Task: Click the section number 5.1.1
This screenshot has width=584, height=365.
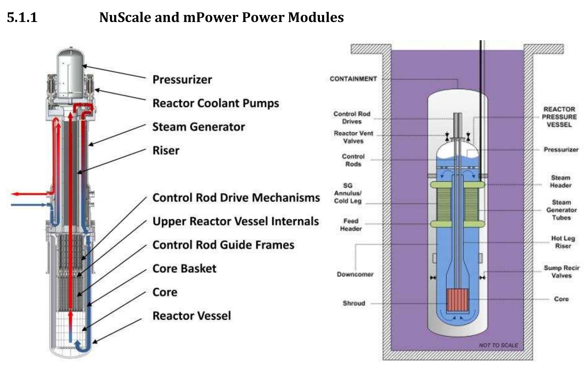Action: click(22, 17)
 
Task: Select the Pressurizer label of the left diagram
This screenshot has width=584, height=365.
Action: click(182, 79)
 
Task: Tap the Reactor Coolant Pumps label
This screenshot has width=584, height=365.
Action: click(215, 103)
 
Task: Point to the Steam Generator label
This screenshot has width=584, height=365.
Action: click(198, 127)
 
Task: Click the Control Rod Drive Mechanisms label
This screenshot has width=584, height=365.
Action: click(236, 198)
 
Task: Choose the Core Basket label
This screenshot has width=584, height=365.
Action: click(184, 269)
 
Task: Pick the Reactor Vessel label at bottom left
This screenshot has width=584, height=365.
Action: click(192, 316)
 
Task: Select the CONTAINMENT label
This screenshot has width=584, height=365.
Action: click(353, 79)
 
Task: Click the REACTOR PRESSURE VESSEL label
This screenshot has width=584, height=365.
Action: click(559, 117)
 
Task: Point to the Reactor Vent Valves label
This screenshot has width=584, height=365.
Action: click(353, 137)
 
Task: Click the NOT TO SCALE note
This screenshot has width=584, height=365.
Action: click(498, 345)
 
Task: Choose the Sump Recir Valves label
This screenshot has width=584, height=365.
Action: click(561, 272)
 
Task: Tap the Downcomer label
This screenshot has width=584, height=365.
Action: click(355, 274)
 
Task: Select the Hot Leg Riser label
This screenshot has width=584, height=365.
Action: click(563, 242)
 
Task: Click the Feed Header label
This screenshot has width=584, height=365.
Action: click(351, 225)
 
